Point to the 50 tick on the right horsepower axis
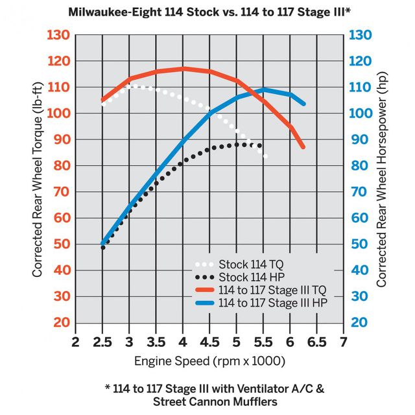pos(362,244)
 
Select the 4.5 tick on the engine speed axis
pos(209,342)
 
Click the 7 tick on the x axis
pos(343,342)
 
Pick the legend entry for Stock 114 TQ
pos(250,265)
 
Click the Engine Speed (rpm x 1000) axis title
pos(209,361)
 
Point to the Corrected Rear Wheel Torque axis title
pos(37,178)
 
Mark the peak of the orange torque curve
pos(183,68)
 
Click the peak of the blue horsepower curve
pos(264,89)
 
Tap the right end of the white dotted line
pos(265,156)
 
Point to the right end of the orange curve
pos(303,147)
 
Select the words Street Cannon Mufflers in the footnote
pos(208,401)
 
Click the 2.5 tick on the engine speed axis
pos(102,342)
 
